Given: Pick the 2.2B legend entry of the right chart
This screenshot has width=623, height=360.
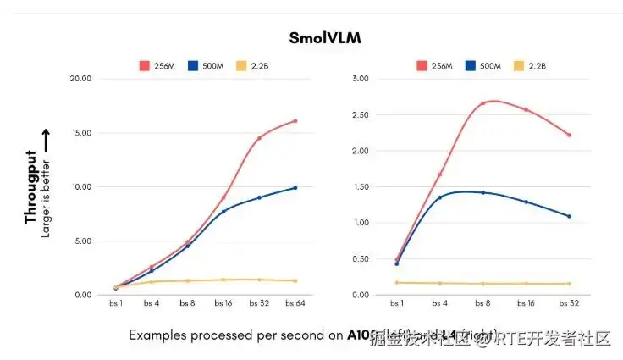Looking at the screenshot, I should pyautogui.click(x=530, y=65).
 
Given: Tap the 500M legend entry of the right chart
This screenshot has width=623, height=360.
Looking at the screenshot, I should pyautogui.click(x=481, y=65).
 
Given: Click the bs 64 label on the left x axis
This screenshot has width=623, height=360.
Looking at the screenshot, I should pyautogui.click(x=295, y=303).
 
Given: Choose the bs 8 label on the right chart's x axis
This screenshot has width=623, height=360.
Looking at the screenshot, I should pyautogui.click(x=482, y=303).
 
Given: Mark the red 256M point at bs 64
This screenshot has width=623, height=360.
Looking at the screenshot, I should pyautogui.click(x=295, y=121).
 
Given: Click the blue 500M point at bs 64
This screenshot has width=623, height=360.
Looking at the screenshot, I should pyautogui.click(x=295, y=187).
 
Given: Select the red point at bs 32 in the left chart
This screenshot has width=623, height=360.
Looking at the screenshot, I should pyautogui.click(x=259, y=138).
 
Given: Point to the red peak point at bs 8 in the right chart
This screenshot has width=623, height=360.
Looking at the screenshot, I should pyautogui.click(x=482, y=103).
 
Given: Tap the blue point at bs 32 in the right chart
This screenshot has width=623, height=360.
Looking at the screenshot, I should pyautogui.click(x=569, y=216).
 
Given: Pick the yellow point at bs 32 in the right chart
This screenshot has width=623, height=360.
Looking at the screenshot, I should pyautogui.click(x=569, y=284).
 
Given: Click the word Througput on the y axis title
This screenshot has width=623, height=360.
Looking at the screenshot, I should pyautogui.click(x=31, y=187).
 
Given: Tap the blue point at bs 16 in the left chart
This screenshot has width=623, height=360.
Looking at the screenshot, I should pyautogui.click(x=223, y=211).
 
